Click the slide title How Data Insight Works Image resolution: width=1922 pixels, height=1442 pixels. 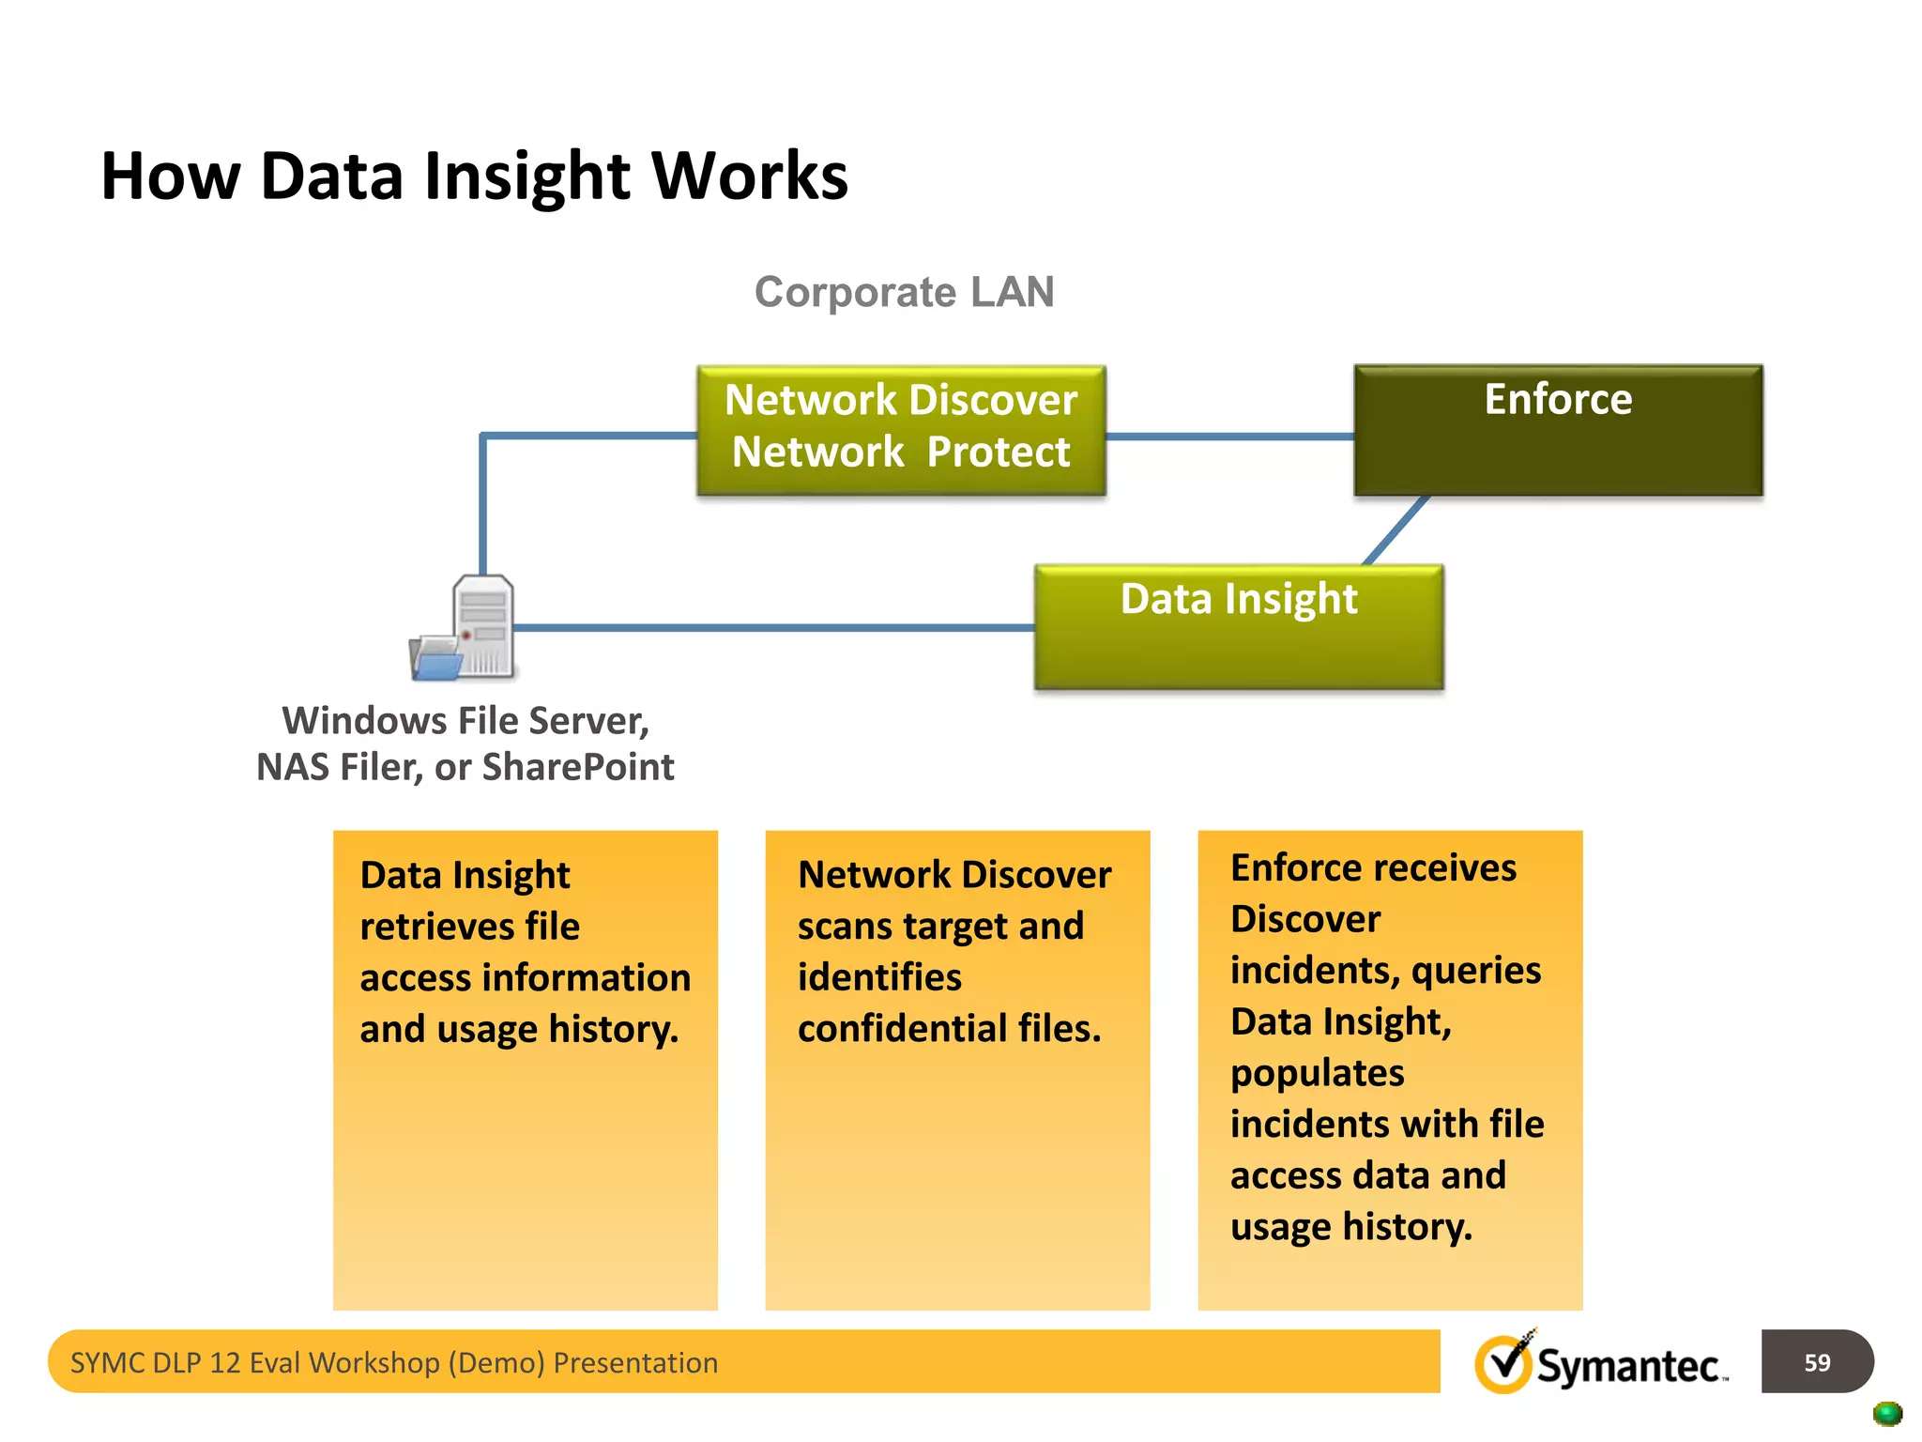pyautogui.click(x=474, y=176)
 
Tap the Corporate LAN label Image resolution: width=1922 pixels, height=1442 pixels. pyautogui.click(x=904, y=292)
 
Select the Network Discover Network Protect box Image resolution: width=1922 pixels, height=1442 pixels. pyautogui.click(x=901, y=430)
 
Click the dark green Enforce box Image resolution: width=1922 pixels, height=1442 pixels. pyautogui.click(x=1558, y=430)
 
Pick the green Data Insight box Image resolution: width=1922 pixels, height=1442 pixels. pyautogui.click(x=1239, y=627)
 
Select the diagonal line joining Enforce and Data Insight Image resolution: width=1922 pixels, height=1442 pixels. pyautogui.click(x=1396, y=530)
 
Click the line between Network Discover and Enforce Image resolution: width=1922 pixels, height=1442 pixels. pyautogui.click(x=1229, y=437)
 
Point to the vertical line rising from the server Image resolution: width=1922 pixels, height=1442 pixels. pyautogui.click(x=482, y=507)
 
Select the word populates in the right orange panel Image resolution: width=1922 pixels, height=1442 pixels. pyautogui.click(x=1317, y=1073)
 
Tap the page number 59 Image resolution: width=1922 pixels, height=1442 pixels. pyautogui.click(x=1817, y=1362)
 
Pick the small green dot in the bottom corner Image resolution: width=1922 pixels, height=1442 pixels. pyautogui.click(x=1886, y=1413)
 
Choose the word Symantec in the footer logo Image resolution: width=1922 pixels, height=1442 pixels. pyautogui.click(x=1627, y=1366)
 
